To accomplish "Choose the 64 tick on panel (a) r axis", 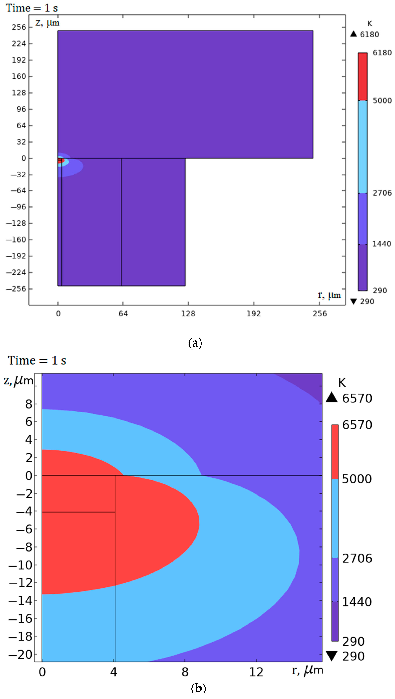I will [x=123, y=314].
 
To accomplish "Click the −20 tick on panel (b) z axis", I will [x=20, y=655].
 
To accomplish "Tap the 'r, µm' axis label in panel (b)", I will [x=307, y=670].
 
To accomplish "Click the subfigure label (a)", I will [x=195, y=343].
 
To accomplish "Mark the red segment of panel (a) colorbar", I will [x=362, y=77].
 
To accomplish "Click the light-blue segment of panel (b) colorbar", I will [x=335, y=518].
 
